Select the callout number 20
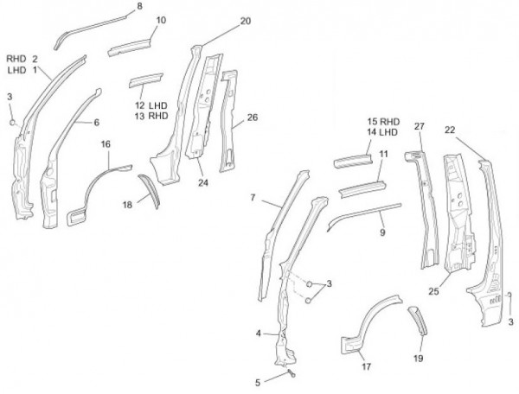point(246,21)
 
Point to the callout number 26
point(252,116)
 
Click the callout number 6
point(97,123)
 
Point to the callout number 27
point(420,127)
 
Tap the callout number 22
point(449,130)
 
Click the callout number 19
point(419,357)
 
